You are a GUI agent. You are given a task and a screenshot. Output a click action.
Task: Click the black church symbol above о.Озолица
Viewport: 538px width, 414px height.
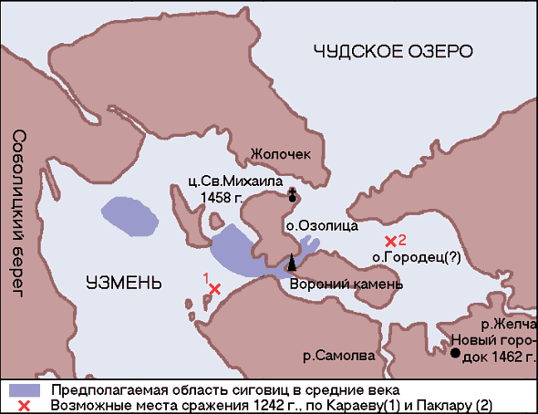(x=292, y=194)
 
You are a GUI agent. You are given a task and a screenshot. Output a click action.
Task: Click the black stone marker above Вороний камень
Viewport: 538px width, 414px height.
(x=292, y=262)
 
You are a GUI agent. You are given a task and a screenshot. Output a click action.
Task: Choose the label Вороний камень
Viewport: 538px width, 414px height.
(x=345, y=284)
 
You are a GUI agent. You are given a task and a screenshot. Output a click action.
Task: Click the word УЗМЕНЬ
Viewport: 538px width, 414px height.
(x=124, y=281)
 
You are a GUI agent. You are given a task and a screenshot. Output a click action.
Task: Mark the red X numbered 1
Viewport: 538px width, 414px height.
(x=215, y=289)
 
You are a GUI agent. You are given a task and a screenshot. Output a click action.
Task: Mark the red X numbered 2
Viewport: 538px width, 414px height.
(x=390, y=241)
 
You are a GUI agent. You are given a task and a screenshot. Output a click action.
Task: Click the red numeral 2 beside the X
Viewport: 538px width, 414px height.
(x=402, y=239)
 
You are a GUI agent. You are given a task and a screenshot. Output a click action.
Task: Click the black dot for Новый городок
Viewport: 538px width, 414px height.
(x=452, y=356)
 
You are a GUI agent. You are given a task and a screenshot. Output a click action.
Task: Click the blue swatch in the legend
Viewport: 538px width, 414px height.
(x=23, y=389)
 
